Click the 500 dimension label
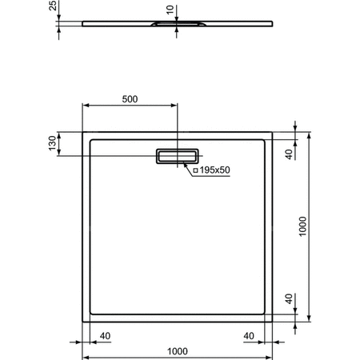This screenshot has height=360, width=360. click(130, 99)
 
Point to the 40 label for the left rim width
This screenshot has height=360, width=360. click(105, 336)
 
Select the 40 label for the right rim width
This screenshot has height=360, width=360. click(249, 336)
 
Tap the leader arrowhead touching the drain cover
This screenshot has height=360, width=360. click(186, 164)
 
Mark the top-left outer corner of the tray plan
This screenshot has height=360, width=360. click(82, 131)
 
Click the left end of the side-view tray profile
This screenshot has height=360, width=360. click(82, 24)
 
